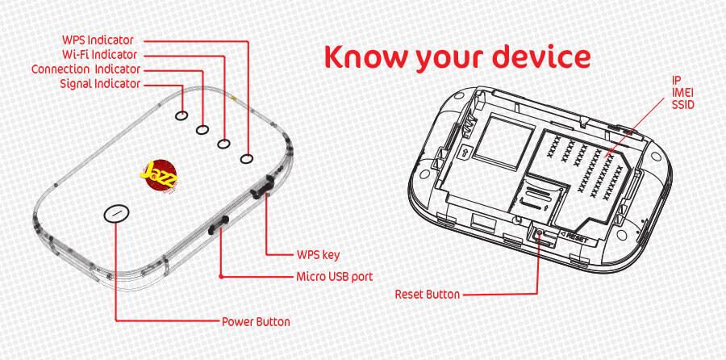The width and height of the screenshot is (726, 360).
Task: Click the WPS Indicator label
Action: point(98,40)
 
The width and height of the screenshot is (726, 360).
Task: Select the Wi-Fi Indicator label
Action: point(99,55)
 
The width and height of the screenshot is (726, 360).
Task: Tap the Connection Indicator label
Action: point(86,69)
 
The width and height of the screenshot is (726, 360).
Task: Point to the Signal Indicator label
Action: point(100,84)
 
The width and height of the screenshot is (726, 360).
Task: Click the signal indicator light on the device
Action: point(181,115)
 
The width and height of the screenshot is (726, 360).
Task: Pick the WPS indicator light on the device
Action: point(247,159)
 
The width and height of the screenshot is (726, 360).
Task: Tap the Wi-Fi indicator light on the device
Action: point(224,144)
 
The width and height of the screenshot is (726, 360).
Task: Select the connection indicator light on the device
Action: point(202,130)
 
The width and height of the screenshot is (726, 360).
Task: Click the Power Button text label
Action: point(256,321)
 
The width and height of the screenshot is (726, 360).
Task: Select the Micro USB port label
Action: point(334,277)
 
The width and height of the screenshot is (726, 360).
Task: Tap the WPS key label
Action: point(318,255)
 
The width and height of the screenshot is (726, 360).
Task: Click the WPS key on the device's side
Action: point(260,187)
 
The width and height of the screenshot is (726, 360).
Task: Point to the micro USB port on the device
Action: point(219,224)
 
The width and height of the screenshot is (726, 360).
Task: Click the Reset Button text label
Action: point(428,294)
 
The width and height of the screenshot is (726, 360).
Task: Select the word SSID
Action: point(683,105)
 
